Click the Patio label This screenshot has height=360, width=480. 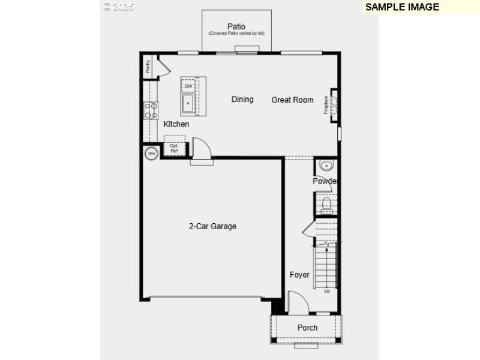point(236,26)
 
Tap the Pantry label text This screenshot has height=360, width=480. point(147,65)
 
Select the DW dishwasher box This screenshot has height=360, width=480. point(188,86)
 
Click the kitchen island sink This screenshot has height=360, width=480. point(188,104)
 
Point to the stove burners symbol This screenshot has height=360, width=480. point(150,110)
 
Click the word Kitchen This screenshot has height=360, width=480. point(176,124)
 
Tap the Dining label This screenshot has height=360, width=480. point(242,99)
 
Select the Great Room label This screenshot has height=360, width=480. point(292,100)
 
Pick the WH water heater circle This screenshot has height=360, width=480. point(151,154)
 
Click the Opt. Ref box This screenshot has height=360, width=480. point(174,148)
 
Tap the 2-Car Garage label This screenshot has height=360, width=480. point(212,226)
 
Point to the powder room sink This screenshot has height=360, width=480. point(326,166)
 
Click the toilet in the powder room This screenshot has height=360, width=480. point(326,205)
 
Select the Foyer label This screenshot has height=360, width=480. point(299,275)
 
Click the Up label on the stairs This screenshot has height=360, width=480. point(327,291)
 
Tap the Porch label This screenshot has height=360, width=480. point(307,328)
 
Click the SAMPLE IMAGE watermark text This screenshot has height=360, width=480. point(402,7)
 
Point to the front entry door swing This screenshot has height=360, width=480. point(298,302)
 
